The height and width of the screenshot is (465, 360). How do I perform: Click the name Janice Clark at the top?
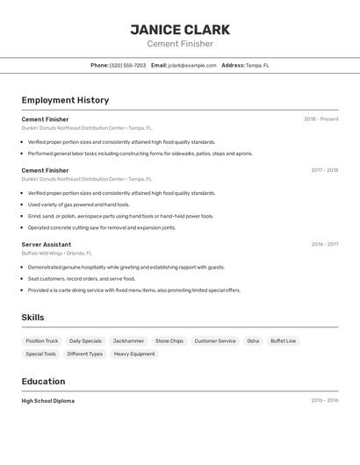(179, 29)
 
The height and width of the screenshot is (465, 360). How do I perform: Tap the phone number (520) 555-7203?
(128, 65)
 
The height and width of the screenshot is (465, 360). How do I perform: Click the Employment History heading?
(65, 100)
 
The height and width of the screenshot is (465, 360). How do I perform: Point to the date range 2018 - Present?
(320, 119)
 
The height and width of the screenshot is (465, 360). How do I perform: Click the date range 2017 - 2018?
(324, 170)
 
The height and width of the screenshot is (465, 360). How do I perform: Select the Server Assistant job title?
(47, 245)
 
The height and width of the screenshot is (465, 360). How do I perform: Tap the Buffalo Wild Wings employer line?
(56, 253)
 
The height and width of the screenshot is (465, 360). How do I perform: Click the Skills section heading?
(32, 318)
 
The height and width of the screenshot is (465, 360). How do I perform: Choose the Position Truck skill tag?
(42, 340)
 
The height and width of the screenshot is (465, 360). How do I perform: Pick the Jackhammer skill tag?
(128, 340)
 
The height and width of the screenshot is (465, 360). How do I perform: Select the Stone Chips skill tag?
(169, 340)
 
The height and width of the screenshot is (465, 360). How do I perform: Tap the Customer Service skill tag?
(215, 340)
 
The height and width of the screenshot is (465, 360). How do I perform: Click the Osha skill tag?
(253, 340)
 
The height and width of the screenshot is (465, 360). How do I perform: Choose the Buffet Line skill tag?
(283, 340)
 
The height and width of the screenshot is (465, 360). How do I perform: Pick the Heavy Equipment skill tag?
(134, 354)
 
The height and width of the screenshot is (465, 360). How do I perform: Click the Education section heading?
(43, 382)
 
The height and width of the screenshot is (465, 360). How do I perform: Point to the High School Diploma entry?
(48, 401)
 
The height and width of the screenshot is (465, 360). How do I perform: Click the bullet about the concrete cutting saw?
(101, 227)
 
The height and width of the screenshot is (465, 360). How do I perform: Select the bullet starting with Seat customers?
(81, 278)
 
